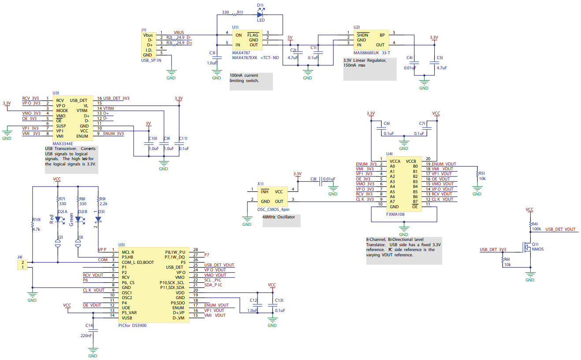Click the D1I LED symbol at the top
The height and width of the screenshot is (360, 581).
[260, 14]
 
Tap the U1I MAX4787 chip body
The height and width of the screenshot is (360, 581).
[246, 40]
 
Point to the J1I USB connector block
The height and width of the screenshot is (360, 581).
[149, 45]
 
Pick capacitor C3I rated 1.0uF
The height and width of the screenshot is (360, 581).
[216, 57]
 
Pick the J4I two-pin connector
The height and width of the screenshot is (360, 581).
[21, 265]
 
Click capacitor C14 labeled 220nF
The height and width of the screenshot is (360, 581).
[93, 329]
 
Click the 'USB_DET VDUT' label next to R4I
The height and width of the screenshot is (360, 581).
[560, 229]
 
